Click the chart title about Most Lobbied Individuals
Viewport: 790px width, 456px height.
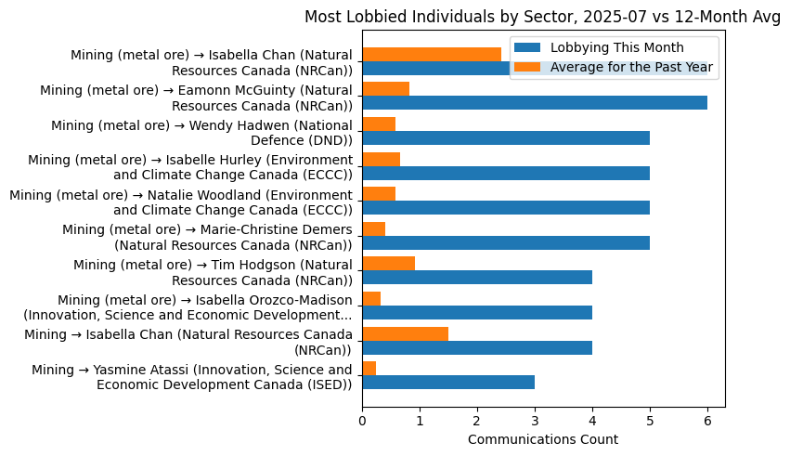coord(542,17)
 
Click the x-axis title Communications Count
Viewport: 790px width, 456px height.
coord(542,439)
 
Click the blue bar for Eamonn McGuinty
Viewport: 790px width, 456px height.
coord(535,103)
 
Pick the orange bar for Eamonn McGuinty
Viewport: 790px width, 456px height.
coord(385,89)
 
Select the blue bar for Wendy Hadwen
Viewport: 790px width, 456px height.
coord(506,138)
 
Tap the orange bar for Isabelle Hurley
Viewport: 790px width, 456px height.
coord(381,159)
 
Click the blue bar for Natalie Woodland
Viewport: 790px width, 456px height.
coord(506,208)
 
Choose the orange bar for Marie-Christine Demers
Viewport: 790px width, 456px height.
coord(373,228)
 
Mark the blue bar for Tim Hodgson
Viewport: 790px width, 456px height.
coord(477,278)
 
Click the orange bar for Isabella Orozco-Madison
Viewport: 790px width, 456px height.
coord(371,298)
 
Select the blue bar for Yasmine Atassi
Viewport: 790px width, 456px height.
coord(448,382)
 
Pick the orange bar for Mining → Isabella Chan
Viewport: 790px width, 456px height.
coord(405,333)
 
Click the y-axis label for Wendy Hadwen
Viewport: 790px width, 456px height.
coord(201,132)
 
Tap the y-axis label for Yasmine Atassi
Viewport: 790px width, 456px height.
coord(191,376)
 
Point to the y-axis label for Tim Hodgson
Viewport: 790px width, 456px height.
coord(213,271)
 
